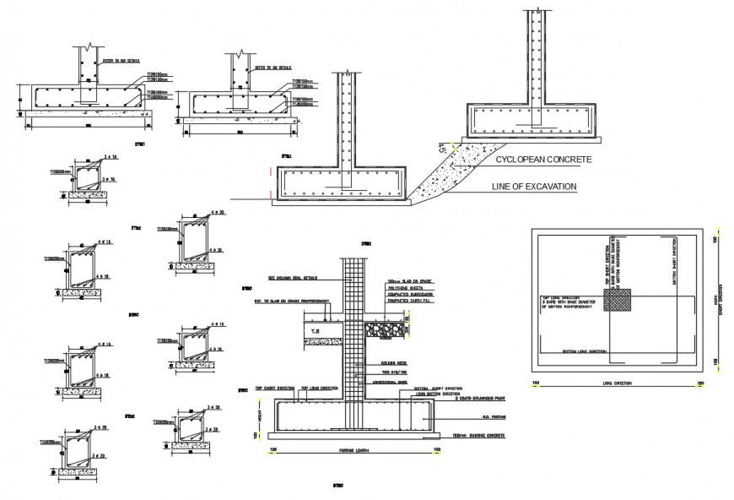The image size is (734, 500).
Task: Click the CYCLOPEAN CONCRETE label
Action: pyautogui.click(x=543, y=159)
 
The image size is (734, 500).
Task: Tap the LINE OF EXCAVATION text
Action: pyautogui.click(x=537, y=186)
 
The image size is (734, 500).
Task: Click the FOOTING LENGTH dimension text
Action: pyautogui.click(x=353, y=450)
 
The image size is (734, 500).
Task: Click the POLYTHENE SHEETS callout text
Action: pyautogui.click(x=402, y=287)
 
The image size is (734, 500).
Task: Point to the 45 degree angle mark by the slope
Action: pyautogui.click(x=440, y=149)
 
